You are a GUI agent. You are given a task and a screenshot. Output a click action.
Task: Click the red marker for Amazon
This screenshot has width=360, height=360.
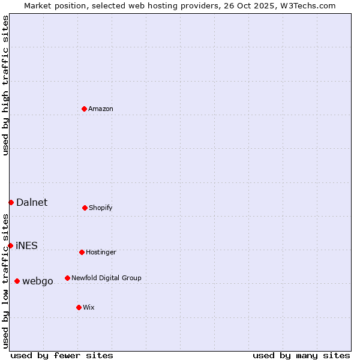point(85,109)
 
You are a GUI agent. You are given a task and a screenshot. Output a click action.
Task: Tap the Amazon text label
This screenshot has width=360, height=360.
point(101,109)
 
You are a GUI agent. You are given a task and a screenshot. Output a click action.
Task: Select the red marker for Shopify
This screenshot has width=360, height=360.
point(85,208)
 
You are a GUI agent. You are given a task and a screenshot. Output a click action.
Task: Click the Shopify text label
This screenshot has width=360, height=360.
point(100,208)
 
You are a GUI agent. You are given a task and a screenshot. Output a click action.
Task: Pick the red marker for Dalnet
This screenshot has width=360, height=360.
point(11,202)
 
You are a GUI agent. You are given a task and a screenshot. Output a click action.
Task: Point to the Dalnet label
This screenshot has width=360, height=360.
point(32,203)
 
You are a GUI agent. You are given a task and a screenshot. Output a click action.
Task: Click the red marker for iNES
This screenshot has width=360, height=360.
point(10,245)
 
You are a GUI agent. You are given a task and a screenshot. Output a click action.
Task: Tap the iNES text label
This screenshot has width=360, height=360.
point(27,246)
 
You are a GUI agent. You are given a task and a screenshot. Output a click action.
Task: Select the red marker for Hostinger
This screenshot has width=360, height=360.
point(82,252)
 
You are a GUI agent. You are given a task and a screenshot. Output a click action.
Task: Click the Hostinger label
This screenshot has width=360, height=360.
point(101,253)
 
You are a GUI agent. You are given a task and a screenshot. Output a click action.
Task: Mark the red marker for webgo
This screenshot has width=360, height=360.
point(17,281)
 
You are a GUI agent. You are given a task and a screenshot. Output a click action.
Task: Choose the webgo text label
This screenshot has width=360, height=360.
point(38,281)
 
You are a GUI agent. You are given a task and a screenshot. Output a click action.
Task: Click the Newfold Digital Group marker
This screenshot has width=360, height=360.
point(67,278)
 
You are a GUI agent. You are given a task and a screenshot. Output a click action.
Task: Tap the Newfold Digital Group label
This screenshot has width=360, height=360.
point(106,278)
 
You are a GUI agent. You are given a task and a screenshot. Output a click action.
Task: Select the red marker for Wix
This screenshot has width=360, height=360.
point(79,307)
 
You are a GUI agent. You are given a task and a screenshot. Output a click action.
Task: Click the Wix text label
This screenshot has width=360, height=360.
point(89,308)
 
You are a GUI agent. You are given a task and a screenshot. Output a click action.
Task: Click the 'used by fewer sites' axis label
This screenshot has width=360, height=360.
point(62,356)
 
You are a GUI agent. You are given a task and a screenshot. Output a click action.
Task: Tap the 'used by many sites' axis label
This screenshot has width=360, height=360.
point(301,356)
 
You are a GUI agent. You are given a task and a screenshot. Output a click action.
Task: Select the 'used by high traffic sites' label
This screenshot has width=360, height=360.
point(6,85)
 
